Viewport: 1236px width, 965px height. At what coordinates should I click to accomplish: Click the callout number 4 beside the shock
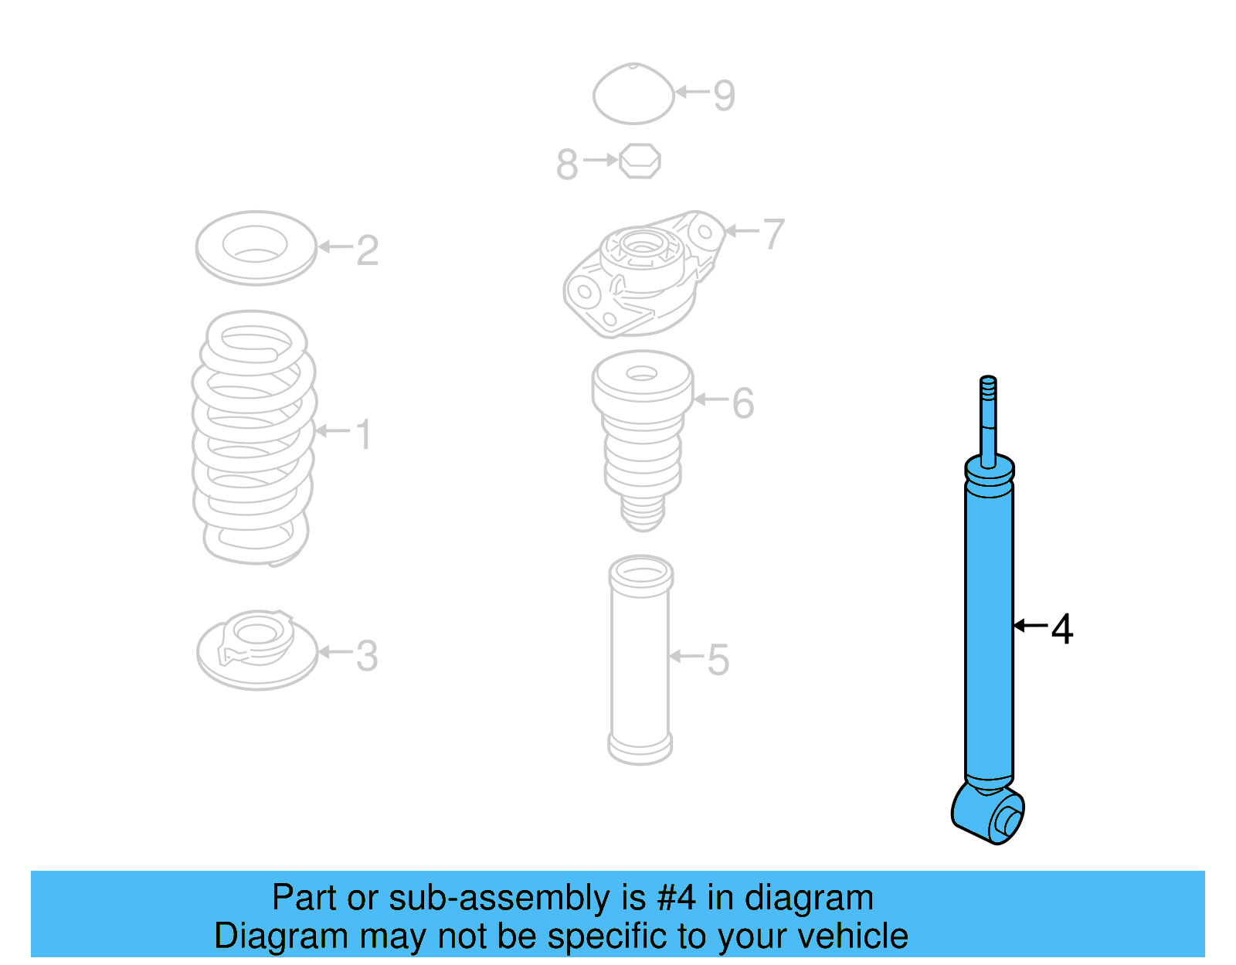tap(1063, 629)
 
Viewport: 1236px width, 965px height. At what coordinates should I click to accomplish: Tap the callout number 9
tap(724, 96)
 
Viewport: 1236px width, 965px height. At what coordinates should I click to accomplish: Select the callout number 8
tap(567, 165)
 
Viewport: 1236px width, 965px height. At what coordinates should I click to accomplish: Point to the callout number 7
tap(773, 233)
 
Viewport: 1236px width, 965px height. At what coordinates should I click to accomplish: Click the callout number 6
tap(742, 403)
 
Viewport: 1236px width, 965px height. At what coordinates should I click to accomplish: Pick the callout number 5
tap(718, 660)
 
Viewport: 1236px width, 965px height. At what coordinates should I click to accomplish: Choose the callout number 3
tap(367, 656)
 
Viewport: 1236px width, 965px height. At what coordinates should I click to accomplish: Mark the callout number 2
tap(368, 250)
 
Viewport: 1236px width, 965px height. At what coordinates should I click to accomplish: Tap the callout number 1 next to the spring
tap(364, 434)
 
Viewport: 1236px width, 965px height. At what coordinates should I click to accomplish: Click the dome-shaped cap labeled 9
tap(633, 95)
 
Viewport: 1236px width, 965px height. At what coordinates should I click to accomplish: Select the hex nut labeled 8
tap(640, 161)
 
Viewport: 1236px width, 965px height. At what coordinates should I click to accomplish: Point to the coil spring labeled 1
tap(253, 437)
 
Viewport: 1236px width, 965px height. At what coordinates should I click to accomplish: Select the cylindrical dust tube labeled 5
tap(640, 661)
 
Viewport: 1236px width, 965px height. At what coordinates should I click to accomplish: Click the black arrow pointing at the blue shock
tap(1031, 625)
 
